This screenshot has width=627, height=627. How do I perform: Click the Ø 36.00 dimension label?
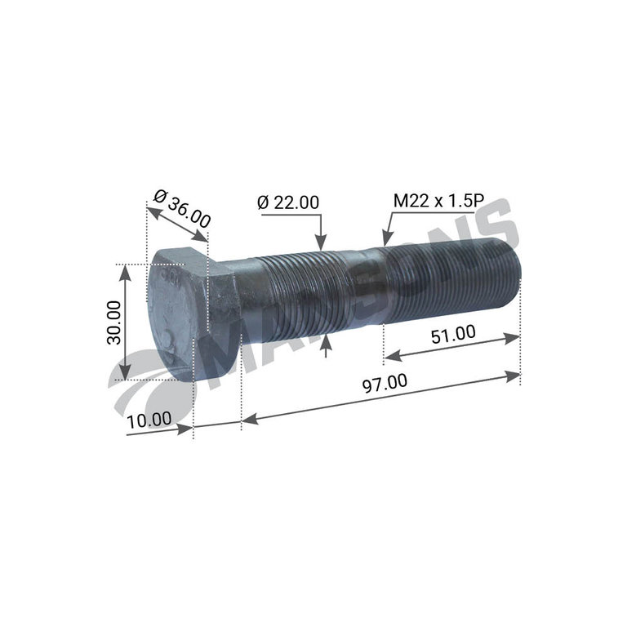(182, 209)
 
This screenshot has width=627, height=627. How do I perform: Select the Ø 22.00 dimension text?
(288, 202)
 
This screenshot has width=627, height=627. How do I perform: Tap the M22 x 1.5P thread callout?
(439, 201)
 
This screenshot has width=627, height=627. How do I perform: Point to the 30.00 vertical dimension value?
(114, 322)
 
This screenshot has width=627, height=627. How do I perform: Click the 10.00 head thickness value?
(149, 420)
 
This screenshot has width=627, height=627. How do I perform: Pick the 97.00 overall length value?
(385, 383)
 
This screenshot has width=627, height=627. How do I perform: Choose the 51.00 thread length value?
(453, 334)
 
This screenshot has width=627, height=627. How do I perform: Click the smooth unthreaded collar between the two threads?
(362, 289)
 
